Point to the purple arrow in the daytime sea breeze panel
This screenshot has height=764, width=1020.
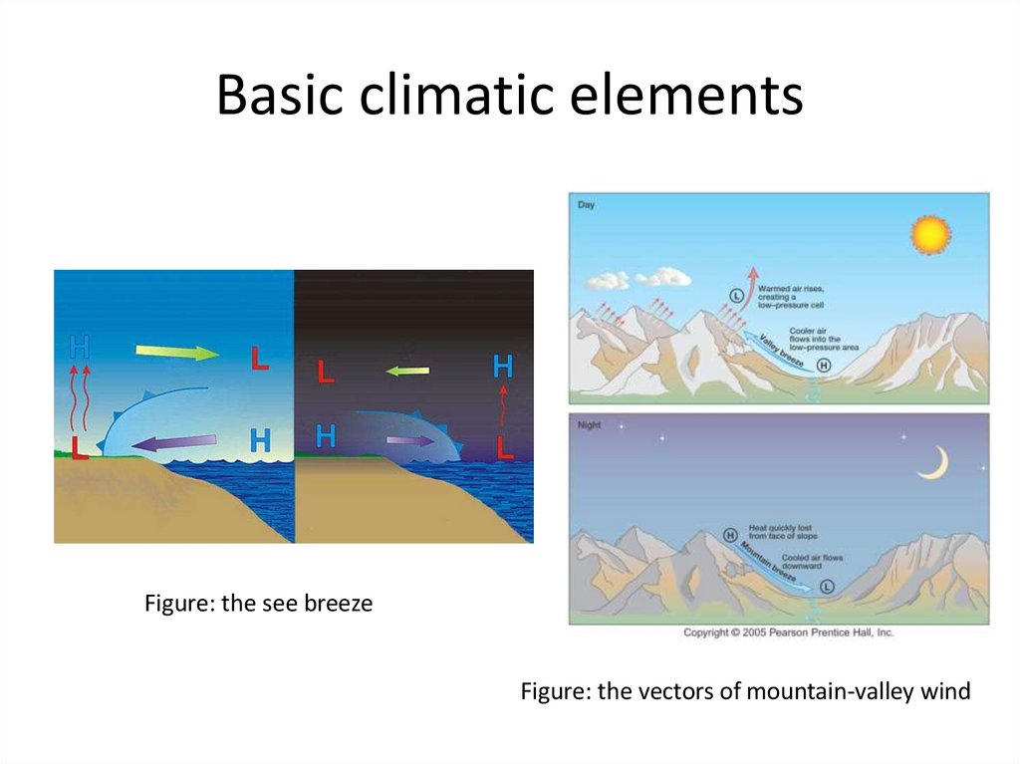(175, 442)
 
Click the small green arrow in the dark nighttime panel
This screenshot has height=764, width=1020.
(407, 372)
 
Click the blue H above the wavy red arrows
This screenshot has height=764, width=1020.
(80, 348)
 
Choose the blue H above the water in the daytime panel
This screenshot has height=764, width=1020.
(260, 439)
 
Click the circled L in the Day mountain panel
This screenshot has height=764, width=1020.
(737, 295)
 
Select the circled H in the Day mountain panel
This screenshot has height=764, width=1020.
(824, 365)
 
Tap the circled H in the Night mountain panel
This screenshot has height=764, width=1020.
(730, 535)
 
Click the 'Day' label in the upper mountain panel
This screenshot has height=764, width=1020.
(586, 204)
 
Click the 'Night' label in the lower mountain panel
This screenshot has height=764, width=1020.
(589, 424)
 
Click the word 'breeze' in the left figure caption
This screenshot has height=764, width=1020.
(337, 604)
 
